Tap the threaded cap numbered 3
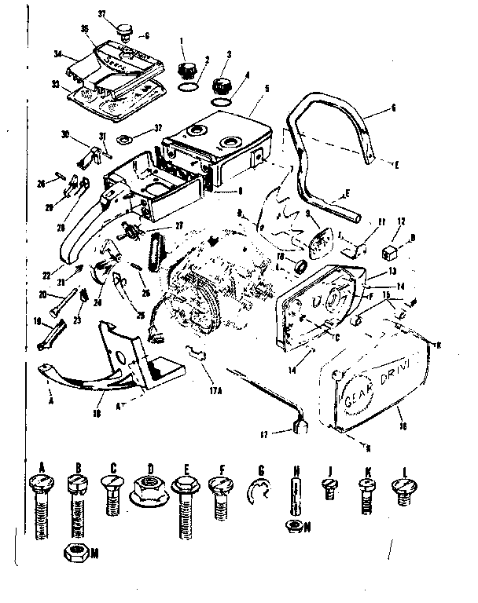221,84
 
